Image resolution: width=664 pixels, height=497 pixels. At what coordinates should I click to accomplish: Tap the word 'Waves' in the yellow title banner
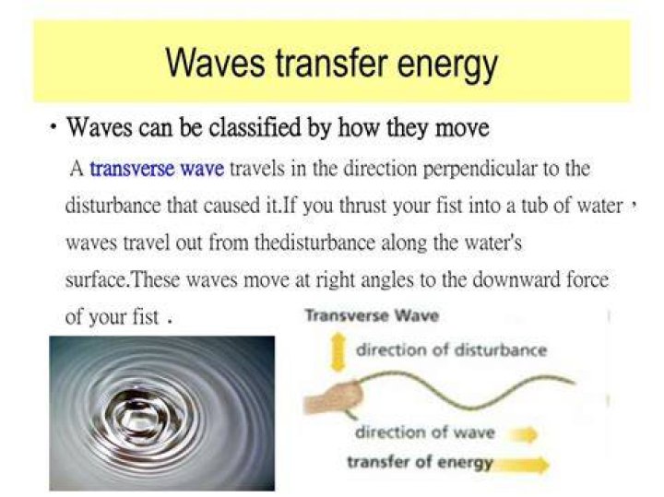[x=215, y=63]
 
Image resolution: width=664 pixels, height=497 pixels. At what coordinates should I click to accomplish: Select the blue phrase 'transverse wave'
[x=157, y=169]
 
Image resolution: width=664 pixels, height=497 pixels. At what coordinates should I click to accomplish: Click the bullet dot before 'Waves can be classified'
[x=53, y=126]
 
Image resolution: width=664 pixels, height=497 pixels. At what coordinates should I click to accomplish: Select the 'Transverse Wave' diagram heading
[x=372, y=315]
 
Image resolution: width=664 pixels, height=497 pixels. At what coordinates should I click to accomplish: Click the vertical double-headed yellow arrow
[x=338, y=352]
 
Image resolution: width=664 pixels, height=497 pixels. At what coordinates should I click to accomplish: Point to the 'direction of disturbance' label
[x=451, y=350]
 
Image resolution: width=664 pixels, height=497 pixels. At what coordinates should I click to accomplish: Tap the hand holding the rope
[x=334, y=398]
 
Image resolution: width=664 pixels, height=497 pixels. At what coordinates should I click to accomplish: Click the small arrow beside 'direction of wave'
[x=524, y=434]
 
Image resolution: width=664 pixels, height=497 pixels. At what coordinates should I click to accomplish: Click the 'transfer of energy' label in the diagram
[x=421, y=462]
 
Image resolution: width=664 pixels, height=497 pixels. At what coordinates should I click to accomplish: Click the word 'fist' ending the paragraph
[x=146, y=316]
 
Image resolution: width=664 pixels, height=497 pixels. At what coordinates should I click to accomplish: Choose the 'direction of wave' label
[x=425, y=432]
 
